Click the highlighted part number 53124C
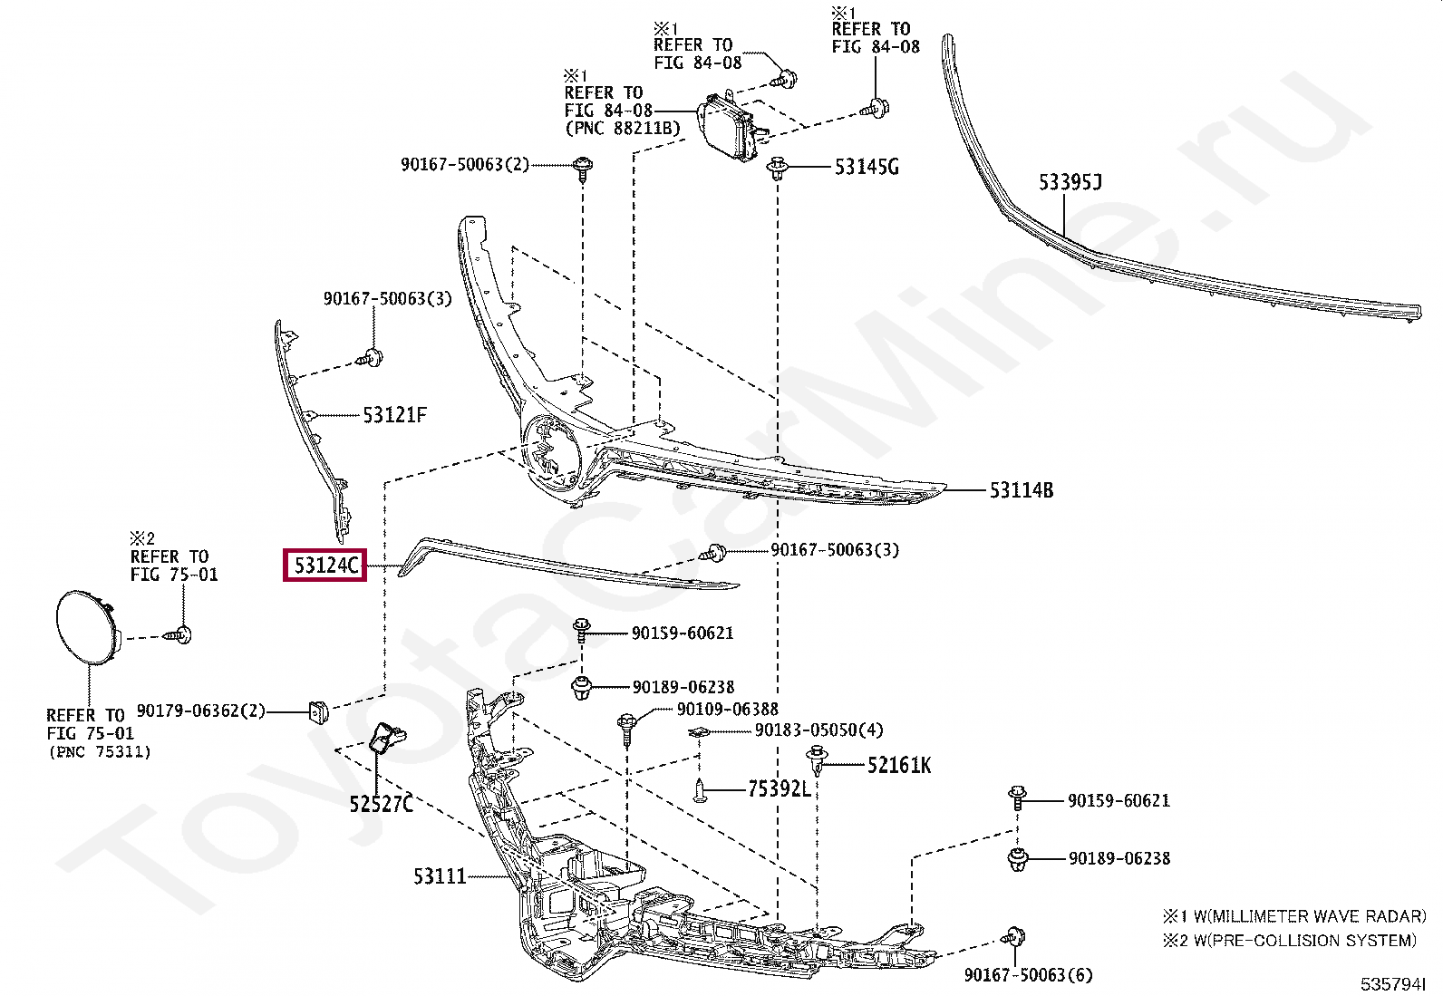[324, 566]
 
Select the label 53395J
[1070, 183]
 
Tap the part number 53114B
[1021, 490]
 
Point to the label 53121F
[394, 415]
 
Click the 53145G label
[867, 167]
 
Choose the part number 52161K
[898, 766]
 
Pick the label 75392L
[779, 789]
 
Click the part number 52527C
[381, 803]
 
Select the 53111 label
[440, 876]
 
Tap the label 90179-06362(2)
[201, 711]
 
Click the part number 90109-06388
[728, 710]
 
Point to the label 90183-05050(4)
[818, 730]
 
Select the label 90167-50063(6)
[1028, 975]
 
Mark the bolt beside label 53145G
[777, 169]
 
